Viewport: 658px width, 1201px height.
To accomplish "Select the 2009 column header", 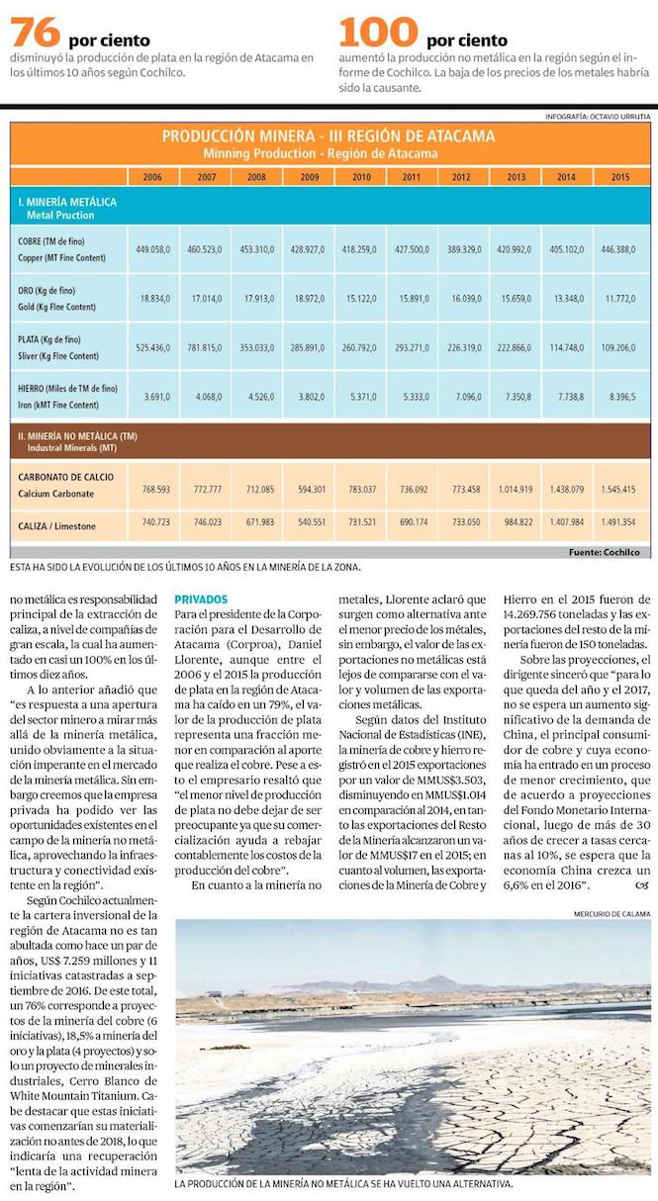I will (310, 176).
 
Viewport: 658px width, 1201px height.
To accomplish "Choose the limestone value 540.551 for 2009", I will (309, 521).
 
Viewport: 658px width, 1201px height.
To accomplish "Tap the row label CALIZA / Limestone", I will (57, 525).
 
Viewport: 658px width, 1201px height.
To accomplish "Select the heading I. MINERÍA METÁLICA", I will (67, 202).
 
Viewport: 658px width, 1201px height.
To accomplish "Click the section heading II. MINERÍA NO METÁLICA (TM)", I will (80, 435).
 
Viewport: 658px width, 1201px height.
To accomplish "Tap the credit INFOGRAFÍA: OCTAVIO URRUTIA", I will (598, 117).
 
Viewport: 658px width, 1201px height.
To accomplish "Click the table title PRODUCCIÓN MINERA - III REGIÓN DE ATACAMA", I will (328, 137).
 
